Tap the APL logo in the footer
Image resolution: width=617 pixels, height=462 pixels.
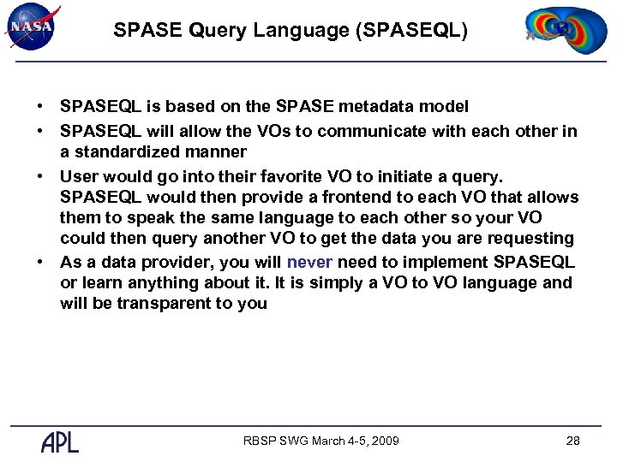60,441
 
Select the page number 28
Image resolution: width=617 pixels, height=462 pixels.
572,441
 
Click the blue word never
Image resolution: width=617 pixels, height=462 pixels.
310,262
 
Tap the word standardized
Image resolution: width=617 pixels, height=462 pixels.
138,152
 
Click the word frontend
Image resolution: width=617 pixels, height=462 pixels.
356,197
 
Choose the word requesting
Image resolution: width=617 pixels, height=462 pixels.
531,239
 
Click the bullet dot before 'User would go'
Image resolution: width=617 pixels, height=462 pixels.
40,175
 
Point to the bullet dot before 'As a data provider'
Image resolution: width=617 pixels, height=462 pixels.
40,263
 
